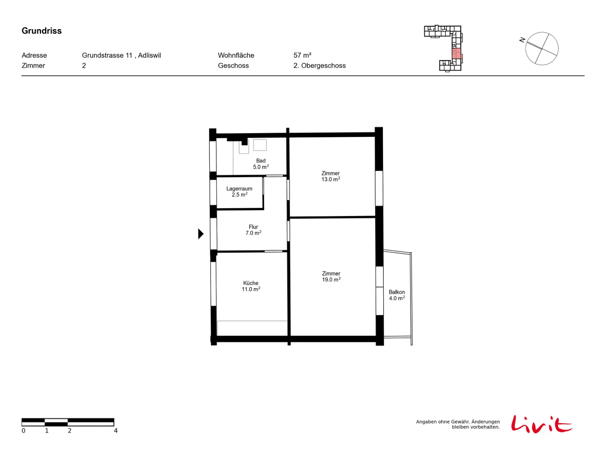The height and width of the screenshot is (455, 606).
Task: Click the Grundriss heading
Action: (41, 31)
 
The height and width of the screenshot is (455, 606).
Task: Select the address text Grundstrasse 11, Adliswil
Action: (121, 55)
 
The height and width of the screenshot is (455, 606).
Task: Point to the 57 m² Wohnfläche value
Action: (302, 55)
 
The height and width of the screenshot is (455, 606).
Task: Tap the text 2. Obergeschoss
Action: (319, 66)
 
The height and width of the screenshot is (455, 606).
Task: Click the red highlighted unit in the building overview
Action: (456, 53)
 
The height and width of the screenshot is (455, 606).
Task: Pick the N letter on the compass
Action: (522, 40)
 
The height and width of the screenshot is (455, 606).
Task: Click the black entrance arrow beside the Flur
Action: (201, 234)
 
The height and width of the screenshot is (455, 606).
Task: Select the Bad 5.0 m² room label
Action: (261, 164)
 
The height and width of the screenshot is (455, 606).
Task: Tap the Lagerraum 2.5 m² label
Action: (239, 191)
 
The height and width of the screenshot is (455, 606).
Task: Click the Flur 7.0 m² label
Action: (253, 230)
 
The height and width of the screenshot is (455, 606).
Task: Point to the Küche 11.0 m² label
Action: (251, 286)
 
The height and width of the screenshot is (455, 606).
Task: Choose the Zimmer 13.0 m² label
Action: (331, 176)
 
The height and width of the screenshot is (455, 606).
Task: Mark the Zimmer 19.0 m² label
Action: (331, 276)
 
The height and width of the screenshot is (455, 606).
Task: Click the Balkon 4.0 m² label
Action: (397, 295)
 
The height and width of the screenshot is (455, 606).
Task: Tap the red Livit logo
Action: (541, 424)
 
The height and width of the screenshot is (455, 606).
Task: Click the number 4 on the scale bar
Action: (116, 431)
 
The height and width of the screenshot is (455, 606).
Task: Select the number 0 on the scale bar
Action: (23, 431)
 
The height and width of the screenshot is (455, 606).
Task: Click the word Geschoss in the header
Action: (233, 66)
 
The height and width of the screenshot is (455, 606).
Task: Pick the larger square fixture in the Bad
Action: (260, 145)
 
